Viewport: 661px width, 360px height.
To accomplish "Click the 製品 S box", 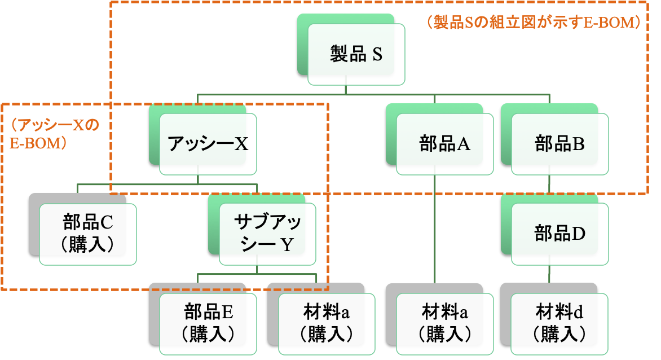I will [356, 54].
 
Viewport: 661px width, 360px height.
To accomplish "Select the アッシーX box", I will [208, 144].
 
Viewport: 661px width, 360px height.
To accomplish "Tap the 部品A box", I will [445, 144].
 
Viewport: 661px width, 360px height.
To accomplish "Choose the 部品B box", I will [560, 144].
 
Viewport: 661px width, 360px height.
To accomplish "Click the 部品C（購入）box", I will [88, 234].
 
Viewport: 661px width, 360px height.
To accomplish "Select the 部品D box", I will [560, 234].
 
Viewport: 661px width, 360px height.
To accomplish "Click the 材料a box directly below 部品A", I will [445, 323].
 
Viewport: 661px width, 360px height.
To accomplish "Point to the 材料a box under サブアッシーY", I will [327, 323].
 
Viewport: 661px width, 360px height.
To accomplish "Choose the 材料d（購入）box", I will [560, 323].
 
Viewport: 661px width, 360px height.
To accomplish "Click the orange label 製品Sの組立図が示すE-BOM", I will [533, 23].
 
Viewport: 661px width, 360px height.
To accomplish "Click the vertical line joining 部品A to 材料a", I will [434, 226].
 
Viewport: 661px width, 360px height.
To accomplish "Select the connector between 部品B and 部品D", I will [550, 185].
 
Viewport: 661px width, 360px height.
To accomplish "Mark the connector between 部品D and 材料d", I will [550, 274].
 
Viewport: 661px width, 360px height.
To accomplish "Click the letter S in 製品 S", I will [377, 55].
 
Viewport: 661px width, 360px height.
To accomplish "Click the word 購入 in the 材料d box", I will [560, 334].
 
